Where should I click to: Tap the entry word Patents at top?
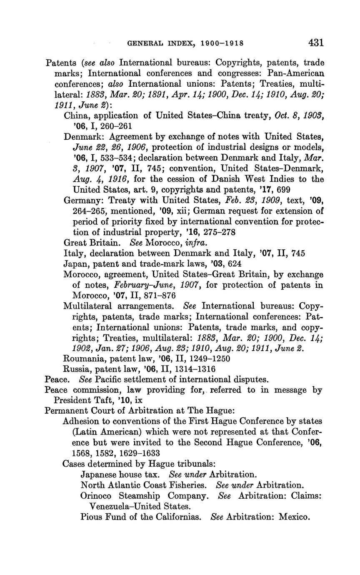pos(61,63)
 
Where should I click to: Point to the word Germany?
pos(81,201)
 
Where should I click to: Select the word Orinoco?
pos(96,496)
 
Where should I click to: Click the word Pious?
pos(91,517)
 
